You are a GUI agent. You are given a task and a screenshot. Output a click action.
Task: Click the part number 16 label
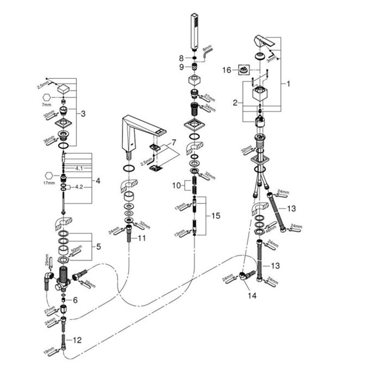(227, 69)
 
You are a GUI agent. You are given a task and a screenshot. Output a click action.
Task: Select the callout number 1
(289, 84)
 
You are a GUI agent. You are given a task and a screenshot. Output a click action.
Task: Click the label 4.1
(79, 169)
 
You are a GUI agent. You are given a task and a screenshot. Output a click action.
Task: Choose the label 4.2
(79, 187)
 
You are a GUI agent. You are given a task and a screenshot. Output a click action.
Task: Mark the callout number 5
(98, 246)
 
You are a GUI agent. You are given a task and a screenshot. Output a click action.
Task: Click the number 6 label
(75, 300)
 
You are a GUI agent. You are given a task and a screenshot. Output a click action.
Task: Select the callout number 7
(173, 142)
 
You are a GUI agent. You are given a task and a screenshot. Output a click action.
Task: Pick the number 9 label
(182, 67)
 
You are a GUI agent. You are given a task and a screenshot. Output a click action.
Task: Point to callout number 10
(176, 185)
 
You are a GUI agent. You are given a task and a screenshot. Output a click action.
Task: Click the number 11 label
(142, 238)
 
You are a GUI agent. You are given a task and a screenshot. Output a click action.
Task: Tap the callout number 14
(251, 296)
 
